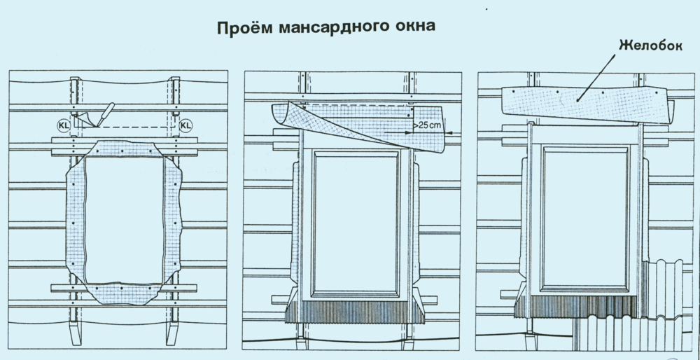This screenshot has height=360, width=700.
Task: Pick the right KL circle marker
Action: pyautogui.click(x=185, y=126)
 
